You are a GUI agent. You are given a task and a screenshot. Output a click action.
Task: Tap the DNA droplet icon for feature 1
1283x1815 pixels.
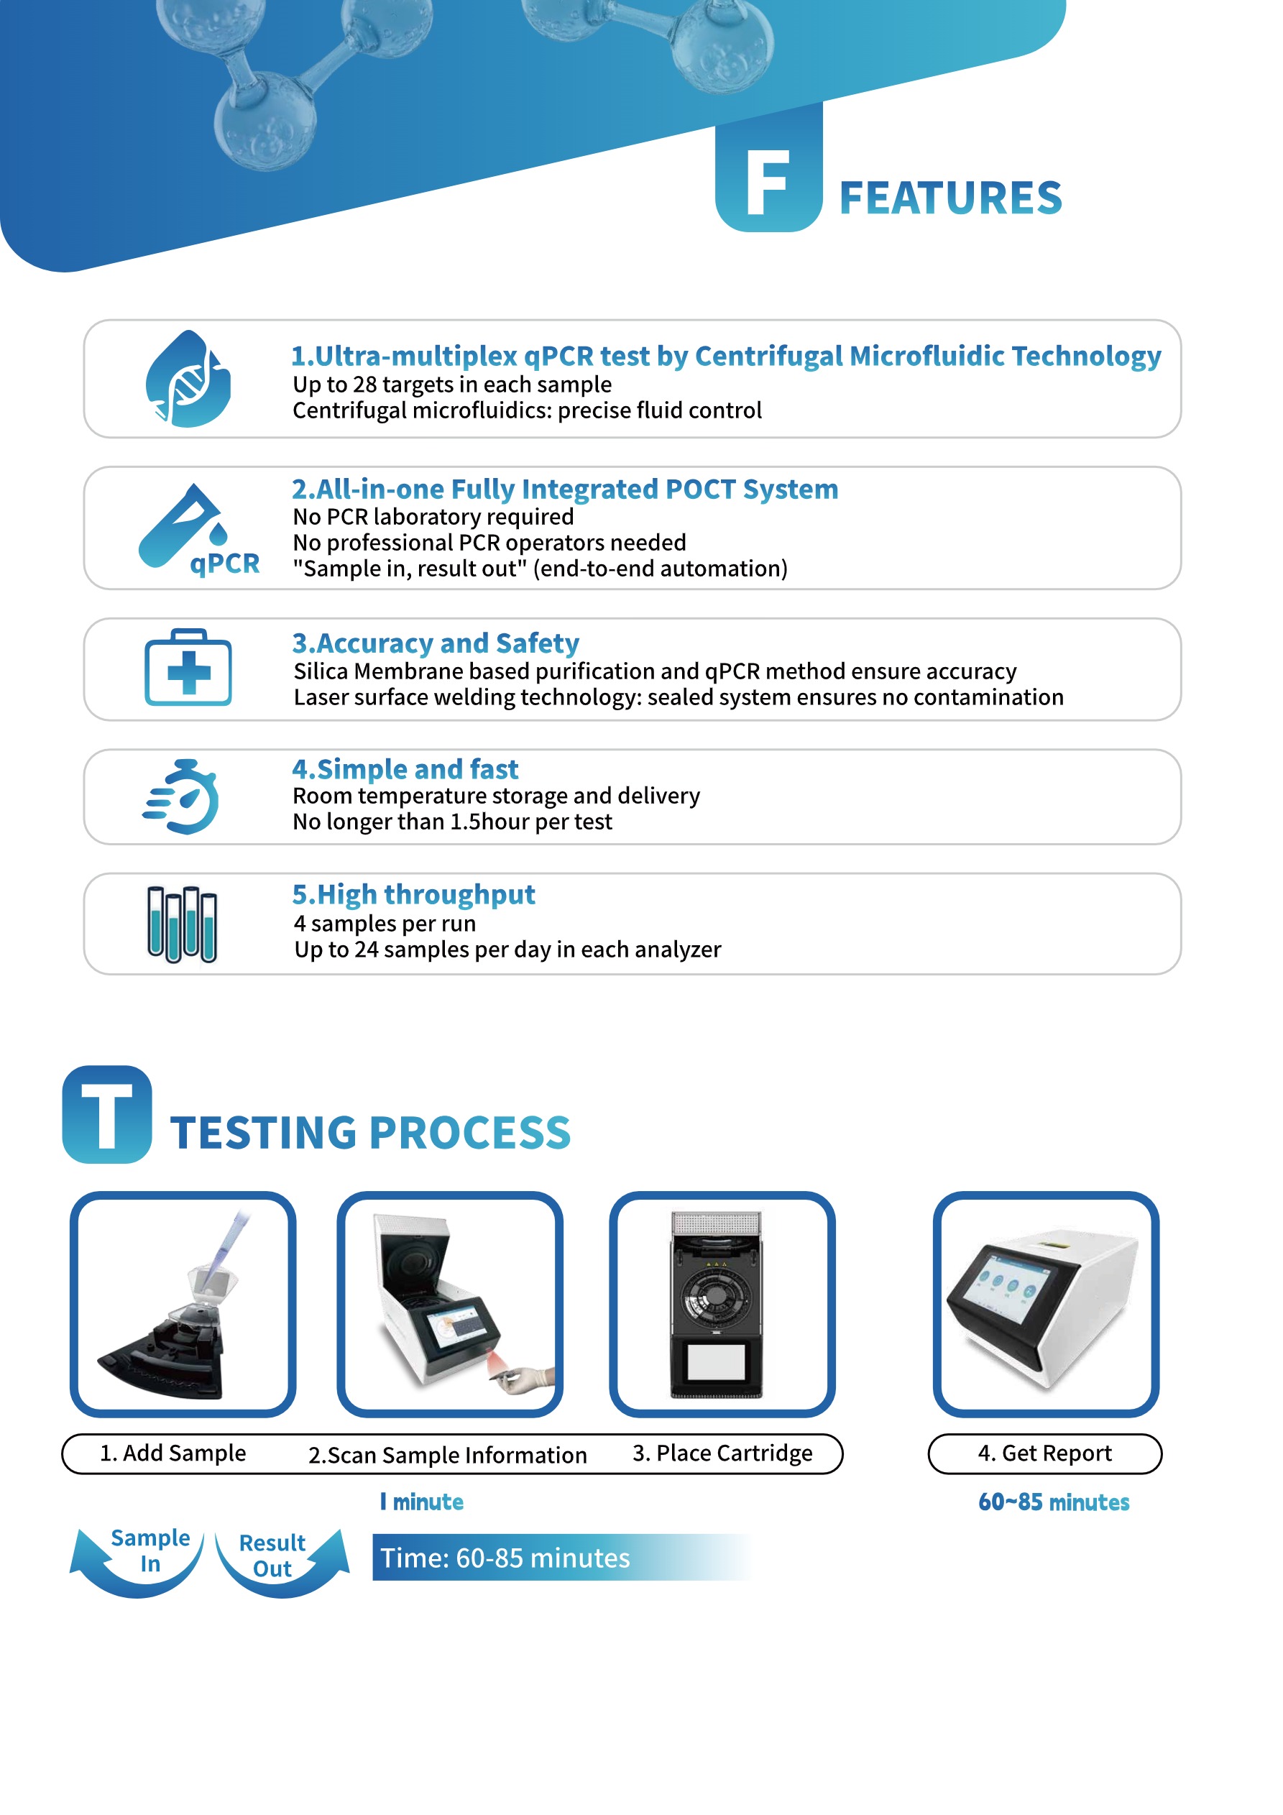click(x=188, y=380)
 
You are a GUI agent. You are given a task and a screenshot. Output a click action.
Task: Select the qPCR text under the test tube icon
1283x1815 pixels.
click(x=224, y=564)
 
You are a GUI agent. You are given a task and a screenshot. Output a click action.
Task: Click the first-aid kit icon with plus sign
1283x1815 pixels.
click(x=188, y=668)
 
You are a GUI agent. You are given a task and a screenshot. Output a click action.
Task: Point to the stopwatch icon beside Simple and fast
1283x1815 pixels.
click(x=183, y=797)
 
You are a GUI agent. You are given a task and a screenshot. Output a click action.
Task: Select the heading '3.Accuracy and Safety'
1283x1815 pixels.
click(x=436, y=643)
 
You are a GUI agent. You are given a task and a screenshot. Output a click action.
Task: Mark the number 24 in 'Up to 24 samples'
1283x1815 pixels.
click(x=366, y=950)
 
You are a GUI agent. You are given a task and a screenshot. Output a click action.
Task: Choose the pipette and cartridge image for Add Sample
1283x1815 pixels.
click(x=183, y=1305)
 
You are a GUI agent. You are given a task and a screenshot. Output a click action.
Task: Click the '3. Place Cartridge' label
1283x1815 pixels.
click(x=722, y=1453)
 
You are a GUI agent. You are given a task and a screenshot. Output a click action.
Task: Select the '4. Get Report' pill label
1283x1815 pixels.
click(x=1044, y=1453)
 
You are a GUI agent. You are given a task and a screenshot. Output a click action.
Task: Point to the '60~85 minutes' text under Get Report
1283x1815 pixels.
click(x=1053, y=1502)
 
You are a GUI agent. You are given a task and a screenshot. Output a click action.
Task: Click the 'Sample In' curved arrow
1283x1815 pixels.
click(x=138, y=1561)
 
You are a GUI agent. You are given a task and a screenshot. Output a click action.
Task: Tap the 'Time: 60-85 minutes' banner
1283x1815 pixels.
click(x=506, y=1558)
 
